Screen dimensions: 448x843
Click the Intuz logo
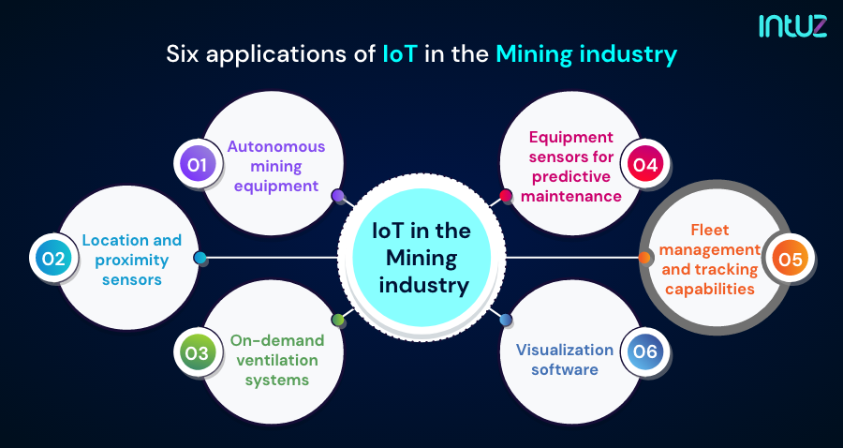[792, 25]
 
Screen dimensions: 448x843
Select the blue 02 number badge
[51, 258]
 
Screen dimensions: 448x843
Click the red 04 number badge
[645, 166]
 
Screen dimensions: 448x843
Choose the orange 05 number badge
[790, 259]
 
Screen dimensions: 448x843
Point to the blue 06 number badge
[645, 353]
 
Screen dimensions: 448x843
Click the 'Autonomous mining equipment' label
[275, 166]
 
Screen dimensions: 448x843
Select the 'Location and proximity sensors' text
[131, 260]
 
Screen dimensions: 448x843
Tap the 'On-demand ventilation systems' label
[277, 360]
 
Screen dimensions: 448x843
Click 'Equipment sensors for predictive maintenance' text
[571, 167]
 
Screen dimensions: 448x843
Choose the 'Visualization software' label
[564, 359]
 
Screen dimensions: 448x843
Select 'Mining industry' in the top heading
[585, 54]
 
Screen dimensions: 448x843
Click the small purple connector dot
[338, 196]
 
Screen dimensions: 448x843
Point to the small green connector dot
[338, 320]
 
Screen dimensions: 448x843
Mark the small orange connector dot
[644, 258]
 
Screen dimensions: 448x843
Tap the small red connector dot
[506, 196]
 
